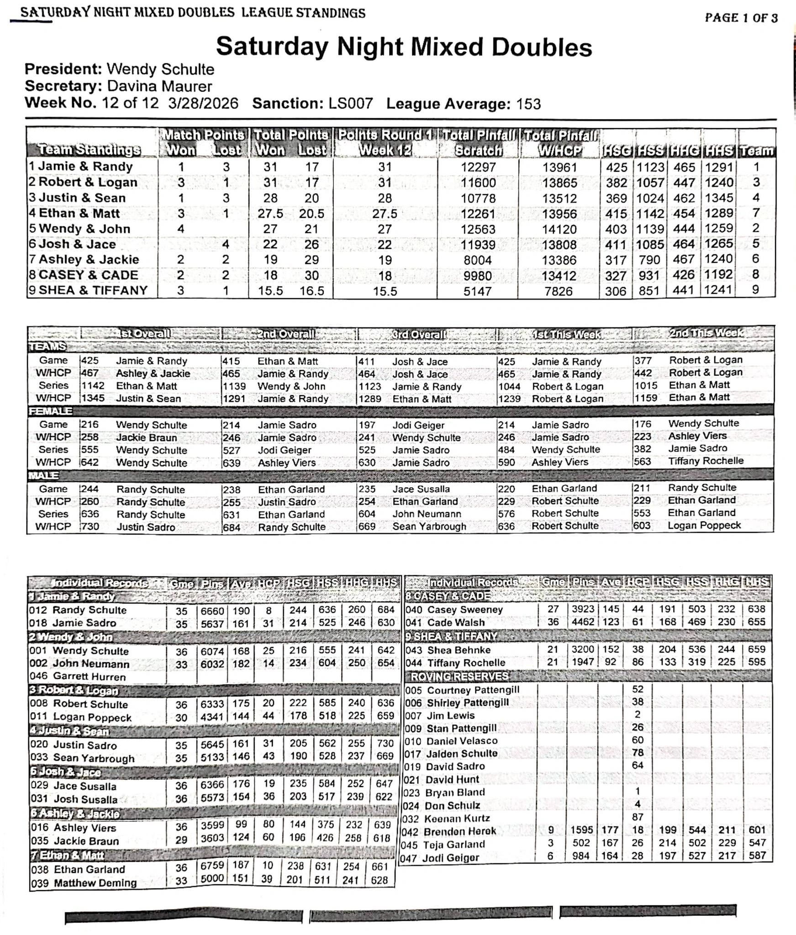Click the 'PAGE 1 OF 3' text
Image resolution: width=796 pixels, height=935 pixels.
pyautogui.click(x=741, y=18)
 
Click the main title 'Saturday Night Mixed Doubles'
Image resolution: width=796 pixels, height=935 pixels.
pyautogui.click(x=404, y=47)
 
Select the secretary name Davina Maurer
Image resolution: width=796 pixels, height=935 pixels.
pyautogui.click(x=159, y=86)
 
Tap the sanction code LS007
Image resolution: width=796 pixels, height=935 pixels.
pyautogui.click(x=350, y=104)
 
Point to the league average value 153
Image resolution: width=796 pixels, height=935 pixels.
pyautogui.click(x=528, y=104)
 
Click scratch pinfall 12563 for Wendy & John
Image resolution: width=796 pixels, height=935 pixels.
pyautogui.click(x=478, y=229)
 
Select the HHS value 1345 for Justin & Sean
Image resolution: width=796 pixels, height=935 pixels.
pyautogui.click(x=719, y=198)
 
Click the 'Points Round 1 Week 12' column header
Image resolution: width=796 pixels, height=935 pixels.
pyautogui.click(x=385, y=142)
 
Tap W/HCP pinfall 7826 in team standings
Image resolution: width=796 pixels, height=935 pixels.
pyautogui.click(x=559, y=291)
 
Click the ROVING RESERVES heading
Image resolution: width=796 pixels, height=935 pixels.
pyautogui.click(x=459, y=676)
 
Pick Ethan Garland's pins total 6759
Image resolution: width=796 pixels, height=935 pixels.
pyautogui.click(x=212, y=866)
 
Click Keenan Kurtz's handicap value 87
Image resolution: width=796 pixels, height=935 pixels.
pyautogui.click(x=638, y=817)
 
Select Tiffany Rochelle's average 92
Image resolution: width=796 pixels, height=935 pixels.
pyautogui.click(x=610, y=662)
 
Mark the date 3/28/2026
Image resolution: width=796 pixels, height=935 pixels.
pyautogui.click(x=203, y=103)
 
